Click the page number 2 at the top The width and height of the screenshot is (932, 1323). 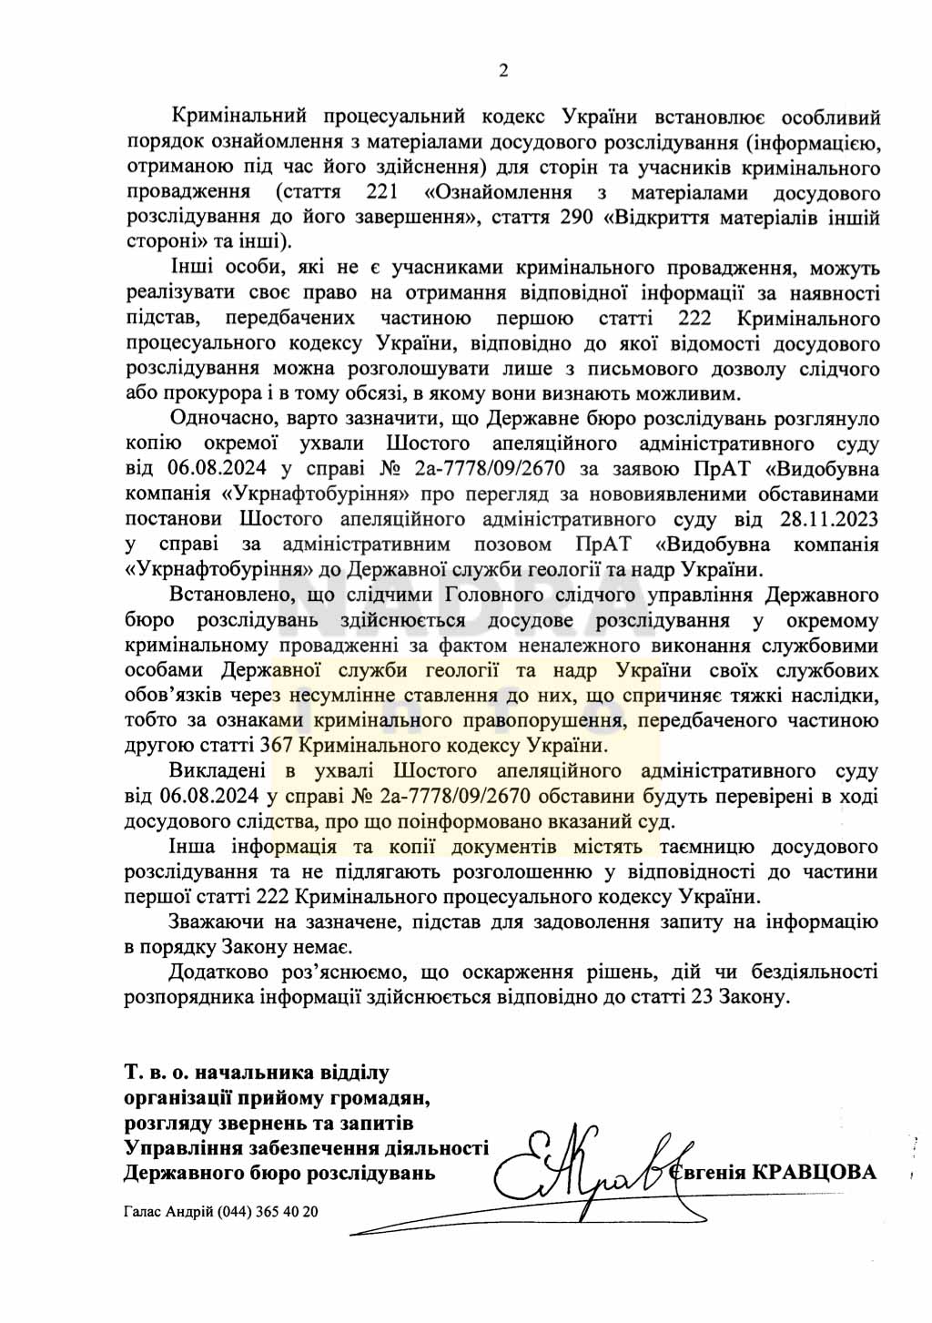tap(502, 72)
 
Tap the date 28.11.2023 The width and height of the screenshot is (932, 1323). tap(824, 520)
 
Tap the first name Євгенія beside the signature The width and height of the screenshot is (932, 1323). tap(707, 1172)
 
